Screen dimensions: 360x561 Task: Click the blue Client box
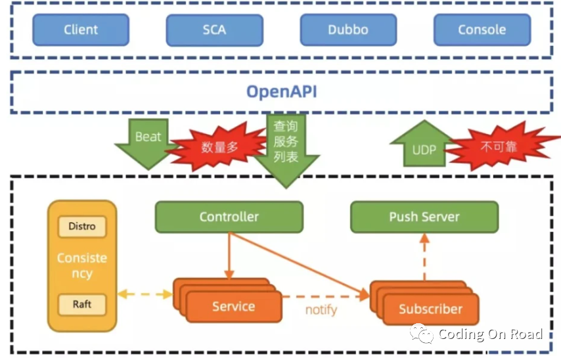pyautogui.click(x=81, y=30)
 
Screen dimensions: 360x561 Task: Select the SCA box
pyautogui.click(x=214, y=30)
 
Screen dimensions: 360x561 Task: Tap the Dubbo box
pyautogui.click(x=348, y=30)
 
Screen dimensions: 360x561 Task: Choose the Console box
pyautogui.click(x=482, y=30)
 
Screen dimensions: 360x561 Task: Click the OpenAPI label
pyautogui.click(x=281, y=91)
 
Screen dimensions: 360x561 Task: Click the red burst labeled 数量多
pyautogui.click(x=217, y=146)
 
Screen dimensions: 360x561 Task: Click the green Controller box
pyautogui.click(x=229, y=217)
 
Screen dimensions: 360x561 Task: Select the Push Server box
pyautogui.click(x=424, y=217)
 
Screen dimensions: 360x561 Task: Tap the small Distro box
pyautogui.click(x=82, y=227)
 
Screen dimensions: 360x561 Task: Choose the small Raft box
pyautogui.click(x=82, y=304)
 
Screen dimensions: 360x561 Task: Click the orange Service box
pyautogui.click(x=233, y=307)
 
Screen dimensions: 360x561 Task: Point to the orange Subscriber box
pyautogui.click(x=430, y=309)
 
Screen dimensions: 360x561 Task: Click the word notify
pyautogui.click(x=321, y=309)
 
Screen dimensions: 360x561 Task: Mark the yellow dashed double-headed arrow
pyautogui.click(x=145, y=294)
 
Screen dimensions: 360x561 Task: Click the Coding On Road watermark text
pyautogui.click(x=489, y=334)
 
